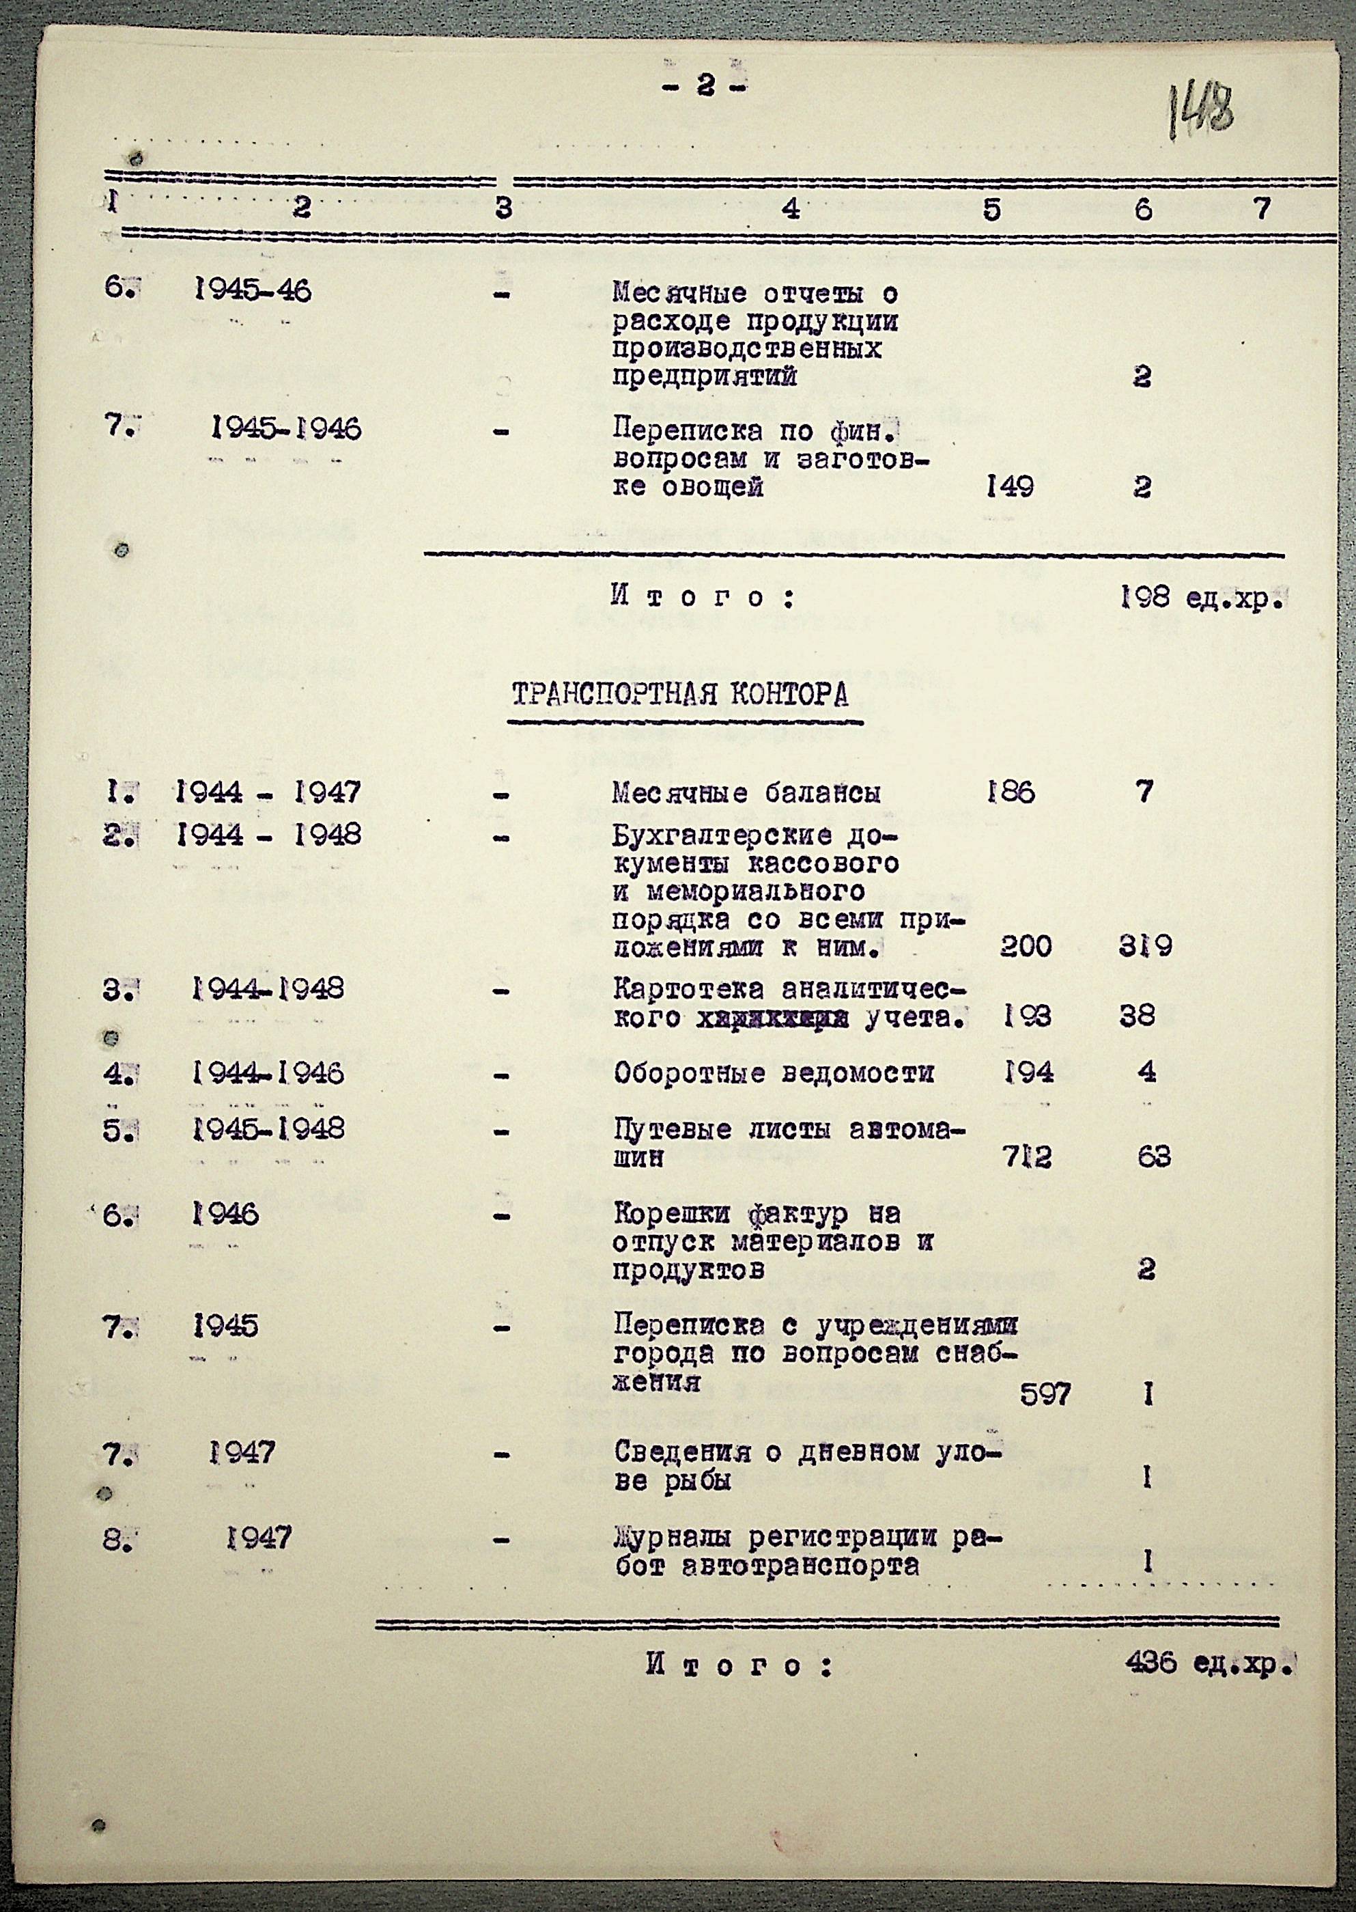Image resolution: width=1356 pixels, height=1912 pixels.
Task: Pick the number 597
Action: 1045,1394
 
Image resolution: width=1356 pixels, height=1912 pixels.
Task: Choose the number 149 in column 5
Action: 1009,486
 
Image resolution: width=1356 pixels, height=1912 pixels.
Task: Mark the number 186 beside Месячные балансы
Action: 1009,791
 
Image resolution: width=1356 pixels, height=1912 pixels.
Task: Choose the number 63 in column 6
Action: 1153,1157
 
